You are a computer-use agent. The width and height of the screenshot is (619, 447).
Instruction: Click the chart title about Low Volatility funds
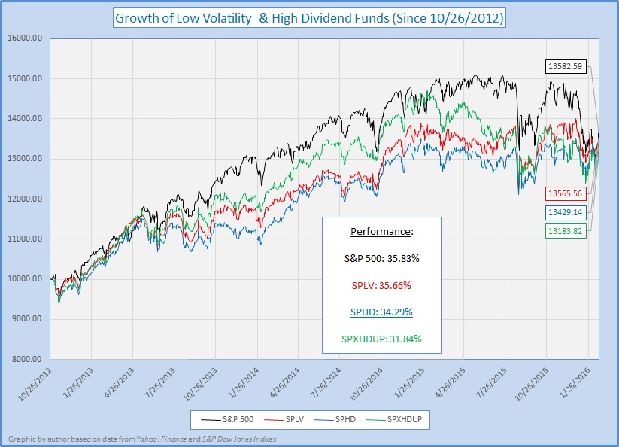309,17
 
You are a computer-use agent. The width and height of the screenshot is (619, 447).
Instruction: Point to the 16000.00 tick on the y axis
26,38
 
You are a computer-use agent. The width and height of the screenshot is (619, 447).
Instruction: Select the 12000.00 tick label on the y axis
26,199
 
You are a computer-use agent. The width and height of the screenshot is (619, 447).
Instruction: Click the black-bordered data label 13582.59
564,67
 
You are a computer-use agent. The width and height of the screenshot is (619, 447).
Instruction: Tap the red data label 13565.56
564,193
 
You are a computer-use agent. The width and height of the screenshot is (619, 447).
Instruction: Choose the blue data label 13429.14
564,212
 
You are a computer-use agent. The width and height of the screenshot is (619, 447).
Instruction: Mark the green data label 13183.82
564,230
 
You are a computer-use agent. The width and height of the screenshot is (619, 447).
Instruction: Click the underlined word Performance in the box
381,230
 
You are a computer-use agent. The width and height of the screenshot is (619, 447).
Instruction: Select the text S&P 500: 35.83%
381,257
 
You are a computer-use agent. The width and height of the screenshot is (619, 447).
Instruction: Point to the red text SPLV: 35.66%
381,285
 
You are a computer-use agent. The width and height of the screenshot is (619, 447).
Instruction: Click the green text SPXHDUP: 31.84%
381,339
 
